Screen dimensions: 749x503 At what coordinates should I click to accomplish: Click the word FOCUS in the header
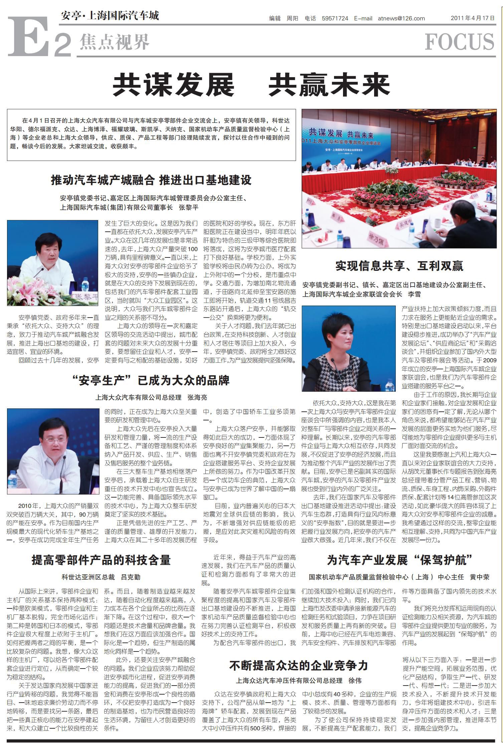tap(460, 42)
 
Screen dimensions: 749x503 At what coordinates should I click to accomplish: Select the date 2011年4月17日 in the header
tap(473, 18)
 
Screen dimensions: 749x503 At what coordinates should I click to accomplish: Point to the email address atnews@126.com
tap(401, 18)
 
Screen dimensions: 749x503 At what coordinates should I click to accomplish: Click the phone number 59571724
tap(335, 18)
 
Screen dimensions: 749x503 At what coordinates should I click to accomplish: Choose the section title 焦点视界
tap(114, 42)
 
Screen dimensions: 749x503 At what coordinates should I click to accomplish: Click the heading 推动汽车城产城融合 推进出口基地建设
tap(151, 180)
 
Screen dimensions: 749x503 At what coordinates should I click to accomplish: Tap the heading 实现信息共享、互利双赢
tap(399, 266)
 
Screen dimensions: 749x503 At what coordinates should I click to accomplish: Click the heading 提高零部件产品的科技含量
tap(101, 560)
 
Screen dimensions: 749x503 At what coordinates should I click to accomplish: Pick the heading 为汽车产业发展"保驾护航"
tap(399, 560)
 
